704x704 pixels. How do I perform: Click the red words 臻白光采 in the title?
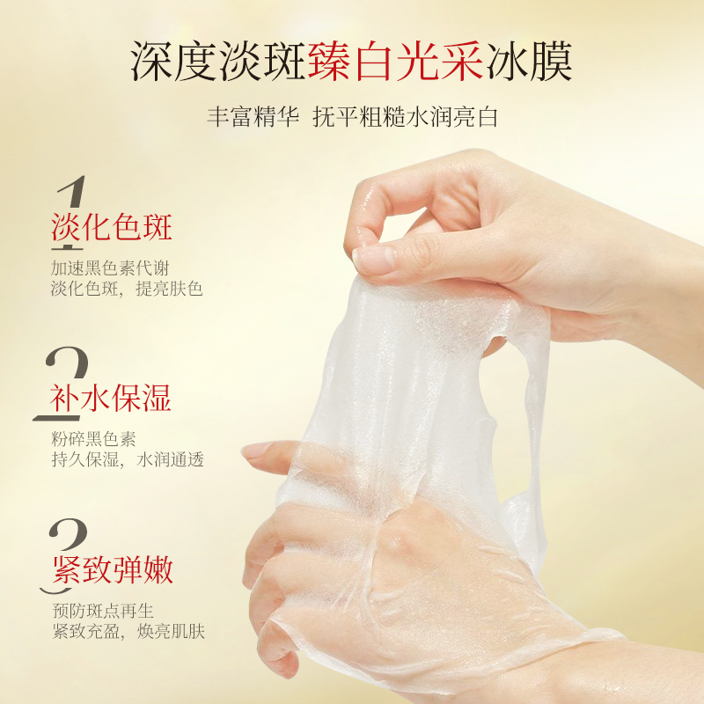395,62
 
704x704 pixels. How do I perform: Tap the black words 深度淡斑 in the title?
218,62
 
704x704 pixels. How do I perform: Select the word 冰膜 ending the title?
528,62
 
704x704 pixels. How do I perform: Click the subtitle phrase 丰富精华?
253,117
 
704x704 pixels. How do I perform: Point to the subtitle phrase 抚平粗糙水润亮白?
405,117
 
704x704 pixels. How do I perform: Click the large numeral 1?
70,211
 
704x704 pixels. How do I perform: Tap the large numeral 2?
62,383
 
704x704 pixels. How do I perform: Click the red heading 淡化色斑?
112,227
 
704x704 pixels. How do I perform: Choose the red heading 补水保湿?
111,399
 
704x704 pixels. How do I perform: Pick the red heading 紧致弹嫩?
113,570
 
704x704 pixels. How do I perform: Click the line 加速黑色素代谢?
110,268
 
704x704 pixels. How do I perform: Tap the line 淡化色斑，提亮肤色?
127,289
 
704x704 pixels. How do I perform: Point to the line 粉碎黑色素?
93,439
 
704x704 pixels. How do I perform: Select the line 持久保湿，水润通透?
128,459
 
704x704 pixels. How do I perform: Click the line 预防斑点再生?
103,611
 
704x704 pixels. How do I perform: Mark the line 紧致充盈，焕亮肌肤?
128,632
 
